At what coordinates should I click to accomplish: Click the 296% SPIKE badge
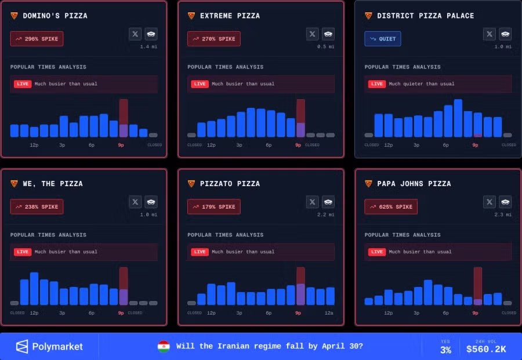coord(37,39)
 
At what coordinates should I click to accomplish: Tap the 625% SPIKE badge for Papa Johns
coord(391,207)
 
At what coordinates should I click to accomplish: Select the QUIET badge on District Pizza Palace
coord(383,39)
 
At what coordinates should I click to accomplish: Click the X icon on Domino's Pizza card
coord(135,34)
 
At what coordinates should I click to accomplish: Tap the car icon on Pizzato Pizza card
coord(328,202)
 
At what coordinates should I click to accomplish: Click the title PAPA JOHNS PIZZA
coord(414,184)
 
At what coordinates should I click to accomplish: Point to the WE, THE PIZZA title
coord(53,184)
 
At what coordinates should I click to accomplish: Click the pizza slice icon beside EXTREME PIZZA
coord(191,16)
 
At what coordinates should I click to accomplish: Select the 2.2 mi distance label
coord(326,214)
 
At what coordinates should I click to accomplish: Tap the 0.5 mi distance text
coord(326,46)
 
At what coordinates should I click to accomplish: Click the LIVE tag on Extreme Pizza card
coord(200,84)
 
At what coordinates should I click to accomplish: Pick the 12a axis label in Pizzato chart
coord(329,313)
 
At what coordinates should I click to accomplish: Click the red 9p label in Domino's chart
coord(121,145)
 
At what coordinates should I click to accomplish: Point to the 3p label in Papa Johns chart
coord(416,313)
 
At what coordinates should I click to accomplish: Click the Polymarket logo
coord(49,347)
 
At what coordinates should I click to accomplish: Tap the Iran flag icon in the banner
coord(164,347)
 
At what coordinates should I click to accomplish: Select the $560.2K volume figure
coord(486,349)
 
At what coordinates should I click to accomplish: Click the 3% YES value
coord(445,350)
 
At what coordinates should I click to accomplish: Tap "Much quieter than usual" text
coord(422,84)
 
